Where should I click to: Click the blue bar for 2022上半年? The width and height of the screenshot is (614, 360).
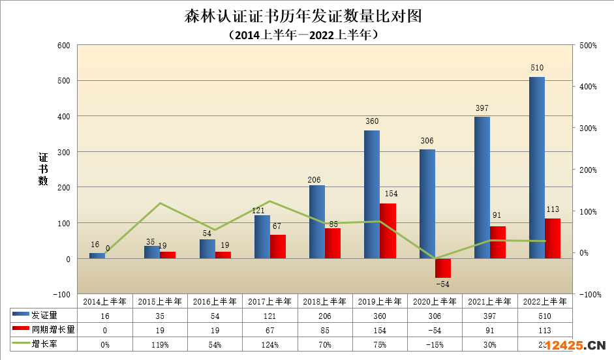pos(536,168)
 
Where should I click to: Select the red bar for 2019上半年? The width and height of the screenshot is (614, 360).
pos(388,231)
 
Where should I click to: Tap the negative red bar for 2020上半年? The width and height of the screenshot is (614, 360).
pos(443,268)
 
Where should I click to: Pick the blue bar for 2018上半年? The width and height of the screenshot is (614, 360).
pos(316,222)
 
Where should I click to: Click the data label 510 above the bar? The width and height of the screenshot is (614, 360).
pos(537,68)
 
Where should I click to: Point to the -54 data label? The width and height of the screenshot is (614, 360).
pos(443,284)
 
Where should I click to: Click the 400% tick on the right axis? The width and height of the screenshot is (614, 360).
pos(587,87)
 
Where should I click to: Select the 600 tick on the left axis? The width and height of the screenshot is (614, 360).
pos(63,45)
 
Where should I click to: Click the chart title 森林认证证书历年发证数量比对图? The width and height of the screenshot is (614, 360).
pos(303,16)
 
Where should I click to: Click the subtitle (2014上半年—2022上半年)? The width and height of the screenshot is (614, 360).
pos(303,35)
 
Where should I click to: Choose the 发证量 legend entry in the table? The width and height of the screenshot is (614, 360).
pos(44,315)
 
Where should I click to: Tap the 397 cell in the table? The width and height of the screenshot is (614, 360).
pos(490,315)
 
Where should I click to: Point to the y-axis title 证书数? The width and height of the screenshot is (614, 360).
pos(43,170)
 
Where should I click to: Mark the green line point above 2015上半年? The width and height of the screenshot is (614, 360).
pos(160,203)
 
